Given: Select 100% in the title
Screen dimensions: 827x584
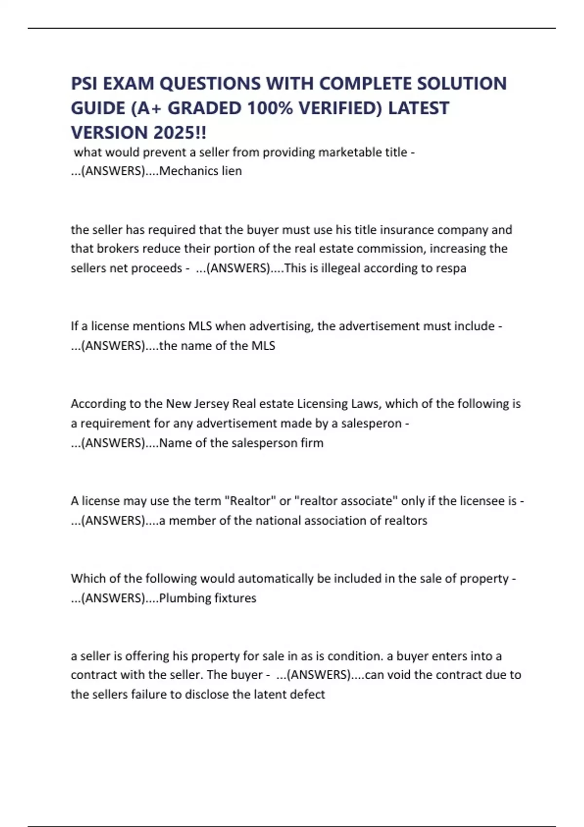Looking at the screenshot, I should [270, 108].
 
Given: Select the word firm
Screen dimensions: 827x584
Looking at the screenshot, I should [312, 443].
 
